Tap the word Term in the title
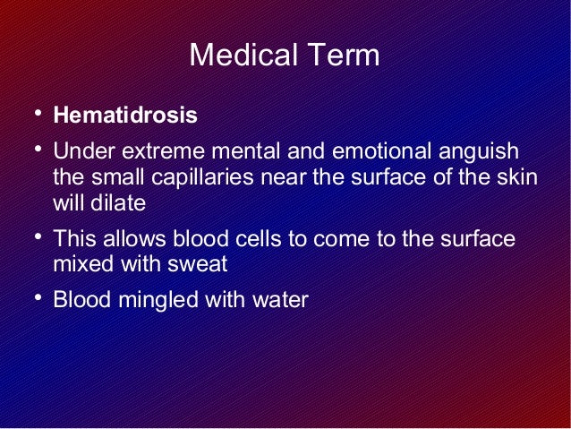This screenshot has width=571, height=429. click(345, 56)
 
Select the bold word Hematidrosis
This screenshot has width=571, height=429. click(125, 117)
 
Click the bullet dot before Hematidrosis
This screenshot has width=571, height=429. click(31, 115)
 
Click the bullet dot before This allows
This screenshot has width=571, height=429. click(31, 236)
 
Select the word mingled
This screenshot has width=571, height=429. click(152, 300)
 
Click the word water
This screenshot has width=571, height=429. click(279, 300)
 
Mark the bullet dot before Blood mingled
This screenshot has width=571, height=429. click(31, 296)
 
